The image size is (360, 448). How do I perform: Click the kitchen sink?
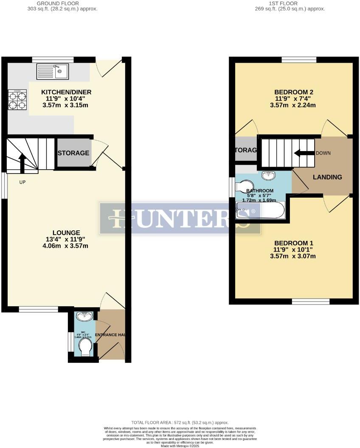[x=53, y=71]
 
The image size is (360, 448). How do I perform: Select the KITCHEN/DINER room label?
[x=66, y=92]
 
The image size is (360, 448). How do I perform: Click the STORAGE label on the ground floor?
[x=73, y=153]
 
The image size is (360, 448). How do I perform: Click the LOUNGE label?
[x=66, y=232]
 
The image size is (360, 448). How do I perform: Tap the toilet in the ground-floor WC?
[x=85, y=346]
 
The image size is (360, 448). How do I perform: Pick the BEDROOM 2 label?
[x=294, y=92]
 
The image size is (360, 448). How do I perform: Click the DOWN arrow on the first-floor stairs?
[x=303, y=153]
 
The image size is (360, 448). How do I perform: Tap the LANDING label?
[x=327, y=177]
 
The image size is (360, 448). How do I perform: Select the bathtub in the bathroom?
[x=260, y=210]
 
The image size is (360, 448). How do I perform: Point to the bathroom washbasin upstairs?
[x=268, y=175]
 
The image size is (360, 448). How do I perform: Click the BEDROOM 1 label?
[x=294, y=243]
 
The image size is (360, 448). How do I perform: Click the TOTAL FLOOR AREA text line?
[x=180, y=423]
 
